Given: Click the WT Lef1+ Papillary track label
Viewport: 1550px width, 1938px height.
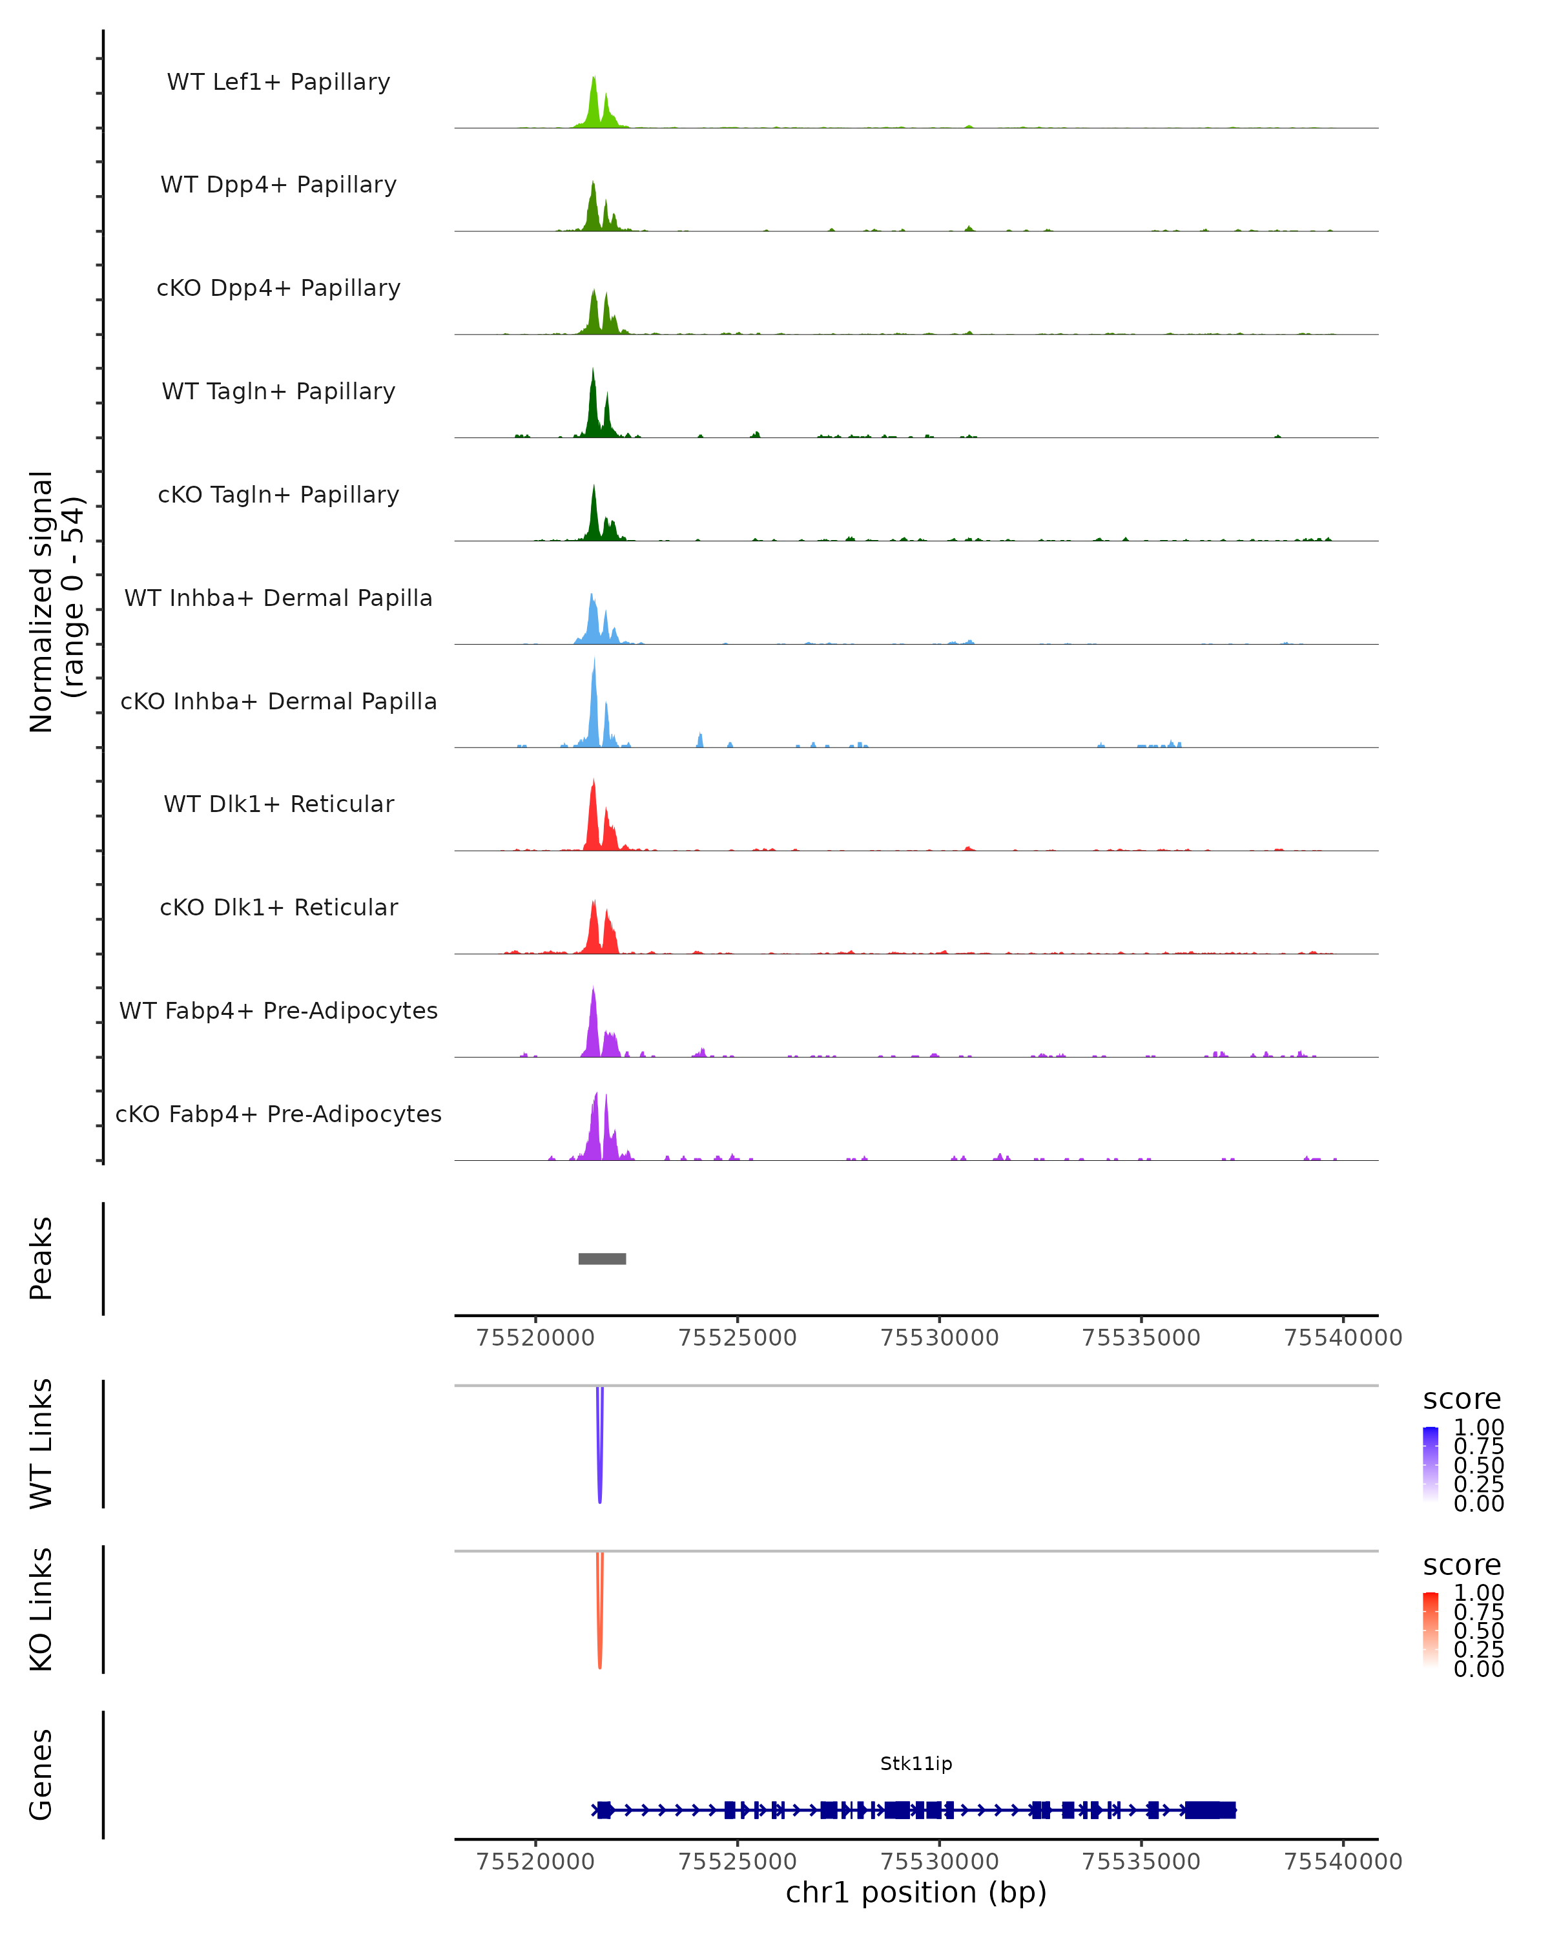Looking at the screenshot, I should tap(278, 82).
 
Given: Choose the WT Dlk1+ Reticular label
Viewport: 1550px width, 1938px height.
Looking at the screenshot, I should tap(278, 804).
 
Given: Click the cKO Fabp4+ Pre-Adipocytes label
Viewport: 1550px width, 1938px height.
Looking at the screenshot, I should tap(278, 1114).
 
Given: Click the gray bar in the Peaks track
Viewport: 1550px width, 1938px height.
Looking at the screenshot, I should tap(602, 1258).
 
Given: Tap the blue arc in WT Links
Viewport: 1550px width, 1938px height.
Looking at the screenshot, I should tap(599, 1456).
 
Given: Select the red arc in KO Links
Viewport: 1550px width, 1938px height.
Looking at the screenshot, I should tap(599, 1618).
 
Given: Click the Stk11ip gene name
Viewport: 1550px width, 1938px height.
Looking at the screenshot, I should tap(916, 1764).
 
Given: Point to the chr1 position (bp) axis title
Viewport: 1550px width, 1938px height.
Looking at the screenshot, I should tap(916, 1892).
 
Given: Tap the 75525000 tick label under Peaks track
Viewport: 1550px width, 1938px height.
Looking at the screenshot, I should tap(737, 1338).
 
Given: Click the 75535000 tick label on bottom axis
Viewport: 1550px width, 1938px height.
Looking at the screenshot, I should tap(1141, 1862).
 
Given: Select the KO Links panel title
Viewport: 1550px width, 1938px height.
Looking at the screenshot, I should tap(41, 1609).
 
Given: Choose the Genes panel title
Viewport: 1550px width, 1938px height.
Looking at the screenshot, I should tap(41, 1775).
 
